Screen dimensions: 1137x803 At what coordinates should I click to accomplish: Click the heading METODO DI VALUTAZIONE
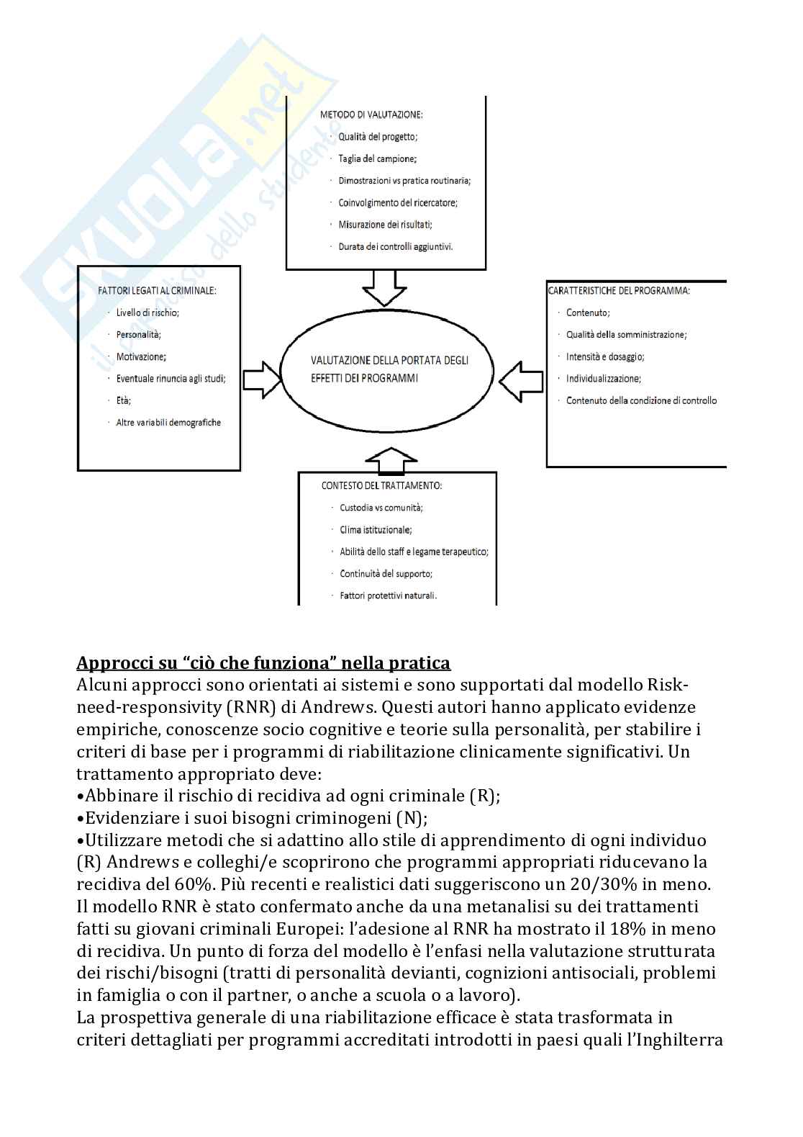[x=371, y=114]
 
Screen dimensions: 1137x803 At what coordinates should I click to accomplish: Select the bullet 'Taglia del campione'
[x=378, y=158]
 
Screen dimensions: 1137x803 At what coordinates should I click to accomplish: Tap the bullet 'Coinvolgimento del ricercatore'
[x=398, y=202]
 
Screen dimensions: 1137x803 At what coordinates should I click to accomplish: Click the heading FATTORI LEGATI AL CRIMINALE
[x=157, y=291]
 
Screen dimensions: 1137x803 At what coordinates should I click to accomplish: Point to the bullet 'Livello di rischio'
[x=148, y=313]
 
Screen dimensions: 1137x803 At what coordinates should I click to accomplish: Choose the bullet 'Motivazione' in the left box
[x=141, y=356]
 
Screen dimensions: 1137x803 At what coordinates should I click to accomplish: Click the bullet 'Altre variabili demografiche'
[x=168, y=423]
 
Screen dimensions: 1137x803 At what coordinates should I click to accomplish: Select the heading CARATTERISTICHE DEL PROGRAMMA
[x=619, y=291]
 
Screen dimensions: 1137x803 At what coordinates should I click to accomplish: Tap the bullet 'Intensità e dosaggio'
[x=605, y=356]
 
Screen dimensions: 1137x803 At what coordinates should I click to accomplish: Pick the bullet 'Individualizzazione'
[x=604, y=379]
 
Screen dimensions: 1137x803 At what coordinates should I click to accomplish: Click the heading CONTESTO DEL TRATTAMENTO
[x=381, y=486]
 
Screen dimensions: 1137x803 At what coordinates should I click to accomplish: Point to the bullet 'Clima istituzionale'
[x=376, y=530]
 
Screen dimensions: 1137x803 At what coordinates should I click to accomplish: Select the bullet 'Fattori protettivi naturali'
[x=389, y=596]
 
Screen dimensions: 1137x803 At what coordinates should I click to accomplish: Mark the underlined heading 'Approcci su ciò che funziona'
[x=263, y=662]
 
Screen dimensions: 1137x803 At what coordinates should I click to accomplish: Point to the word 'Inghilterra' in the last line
[x=676, y=1040]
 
